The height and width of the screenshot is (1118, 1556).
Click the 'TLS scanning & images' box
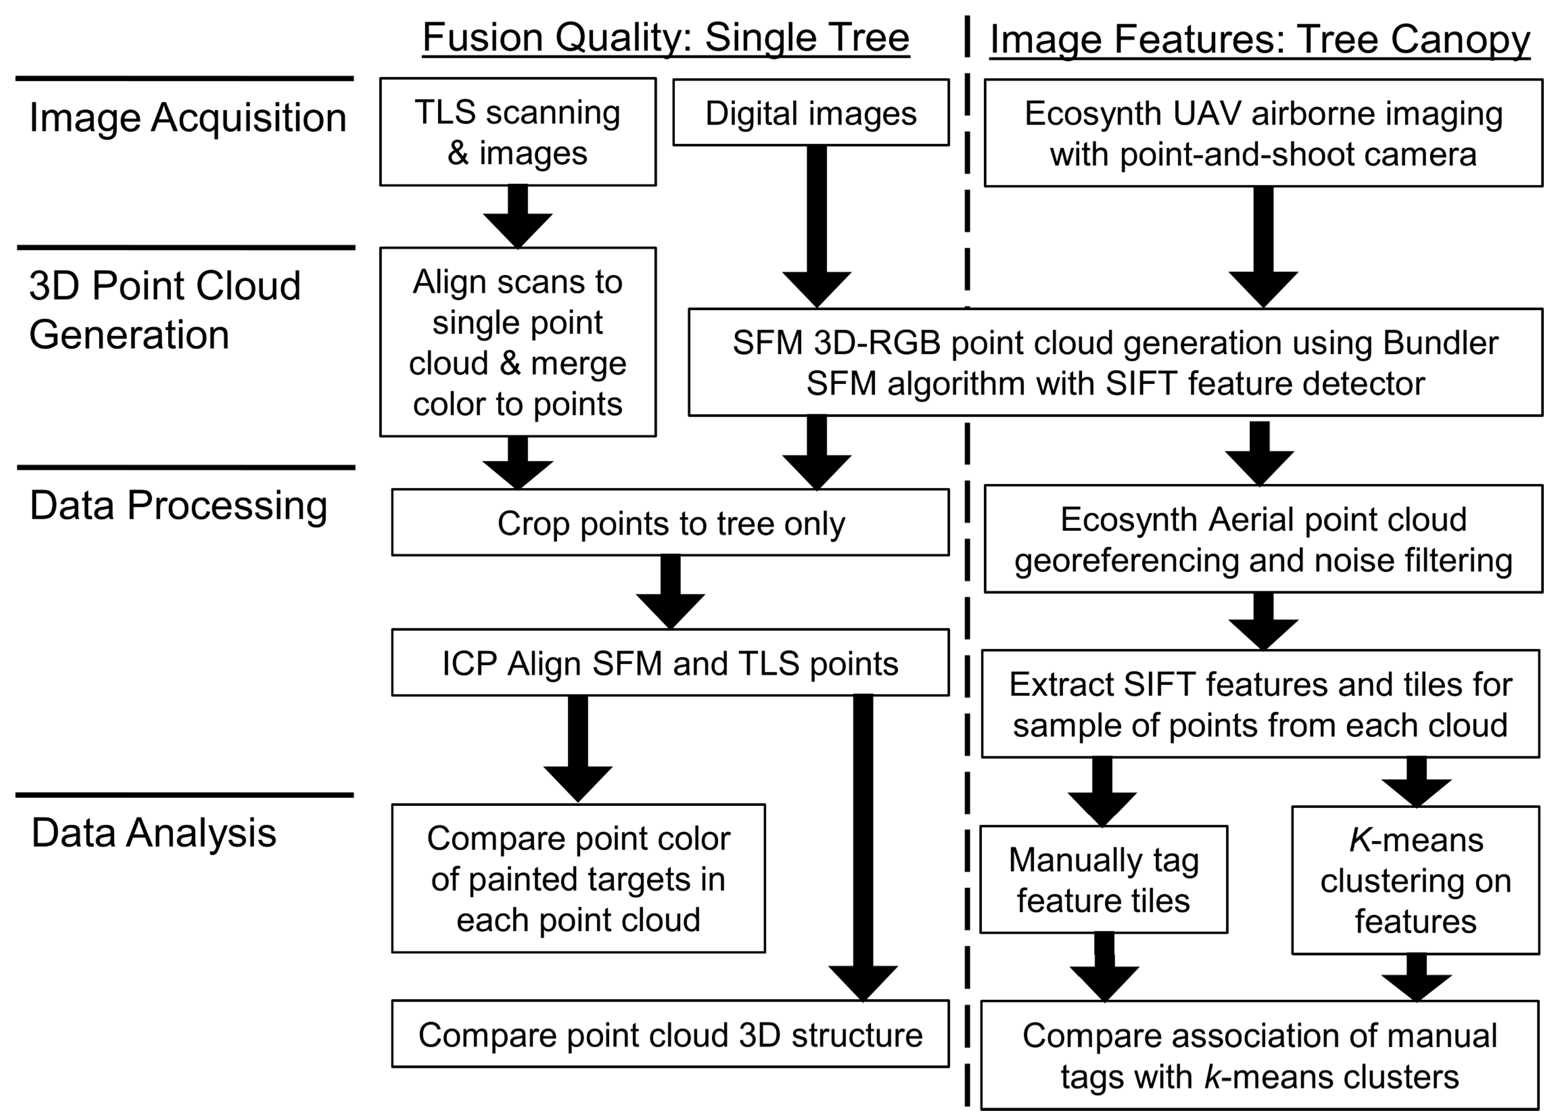click(x=518, y=132)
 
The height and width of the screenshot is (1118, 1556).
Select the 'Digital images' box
click(x=811, y=113)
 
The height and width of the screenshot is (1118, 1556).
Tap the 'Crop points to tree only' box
click(x=670, y=523)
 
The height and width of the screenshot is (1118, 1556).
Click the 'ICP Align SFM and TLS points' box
click(x=670, y=663)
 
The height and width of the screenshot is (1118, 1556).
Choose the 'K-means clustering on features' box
click(x=1415, y=880)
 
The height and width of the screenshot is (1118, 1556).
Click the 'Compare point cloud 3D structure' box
click(x=670, y=1035)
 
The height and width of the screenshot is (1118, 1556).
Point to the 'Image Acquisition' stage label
click(x=187, y=117)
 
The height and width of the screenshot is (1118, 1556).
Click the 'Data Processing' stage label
click(x=178, y=506)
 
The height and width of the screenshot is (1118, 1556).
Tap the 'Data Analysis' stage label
click(x=154, y=833)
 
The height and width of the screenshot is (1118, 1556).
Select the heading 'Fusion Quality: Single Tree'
click(x=666, y=37)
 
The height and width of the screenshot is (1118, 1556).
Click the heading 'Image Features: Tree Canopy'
click(x=1260, y=39)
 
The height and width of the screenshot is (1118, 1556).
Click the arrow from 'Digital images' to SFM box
click(x=816, y=227)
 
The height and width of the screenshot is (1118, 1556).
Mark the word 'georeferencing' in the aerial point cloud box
click(x=1125, y=561)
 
